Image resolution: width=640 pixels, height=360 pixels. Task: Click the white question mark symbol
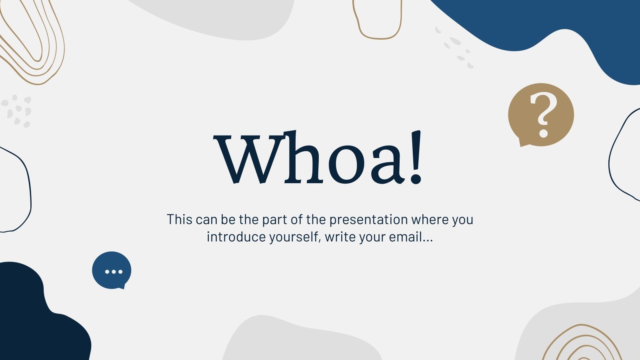click(543, 114)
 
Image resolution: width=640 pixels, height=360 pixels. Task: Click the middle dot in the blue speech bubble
click(114, 272)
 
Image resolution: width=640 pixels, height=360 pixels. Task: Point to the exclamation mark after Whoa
click(416, 158)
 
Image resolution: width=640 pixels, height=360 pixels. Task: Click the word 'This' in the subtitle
click(180, 220)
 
